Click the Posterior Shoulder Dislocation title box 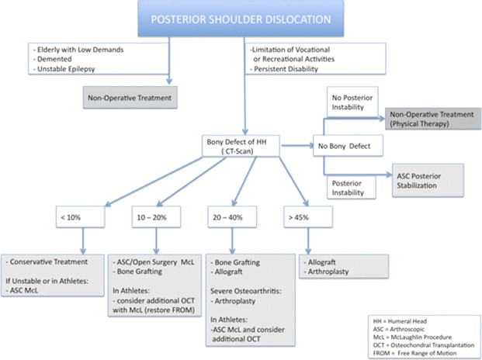[241, 19]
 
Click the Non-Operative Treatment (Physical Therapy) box [432, 118]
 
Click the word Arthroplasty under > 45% [331, 272]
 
